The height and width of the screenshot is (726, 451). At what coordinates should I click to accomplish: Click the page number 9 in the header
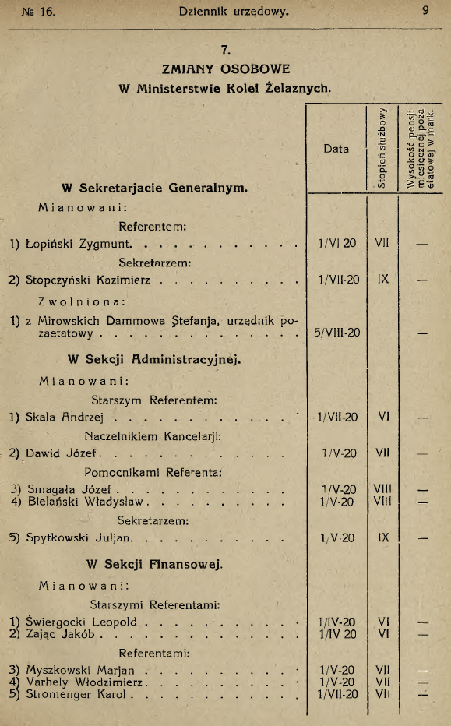point(426,12)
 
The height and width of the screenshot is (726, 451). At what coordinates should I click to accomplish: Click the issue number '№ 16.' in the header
point(33,12)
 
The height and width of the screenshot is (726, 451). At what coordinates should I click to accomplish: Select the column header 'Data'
point(336,149)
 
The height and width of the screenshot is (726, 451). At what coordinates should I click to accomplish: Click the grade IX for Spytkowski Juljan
point(382,537)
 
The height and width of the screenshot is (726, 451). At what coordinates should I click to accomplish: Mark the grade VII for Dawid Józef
point(382,452)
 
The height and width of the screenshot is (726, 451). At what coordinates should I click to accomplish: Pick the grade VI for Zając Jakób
point(382,634)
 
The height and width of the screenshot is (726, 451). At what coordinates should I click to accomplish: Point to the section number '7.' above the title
point(224,51)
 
